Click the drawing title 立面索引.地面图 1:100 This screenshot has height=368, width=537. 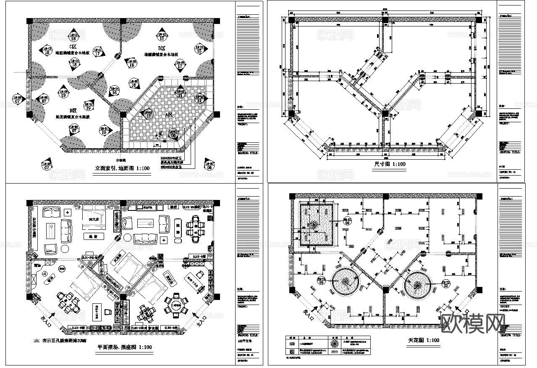(122, 168)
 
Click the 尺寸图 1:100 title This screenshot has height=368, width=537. (390, 164)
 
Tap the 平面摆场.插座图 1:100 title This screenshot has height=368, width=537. (124, 347)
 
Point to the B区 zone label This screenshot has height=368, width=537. (161, 48)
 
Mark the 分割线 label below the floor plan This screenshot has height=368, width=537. (121, 160)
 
